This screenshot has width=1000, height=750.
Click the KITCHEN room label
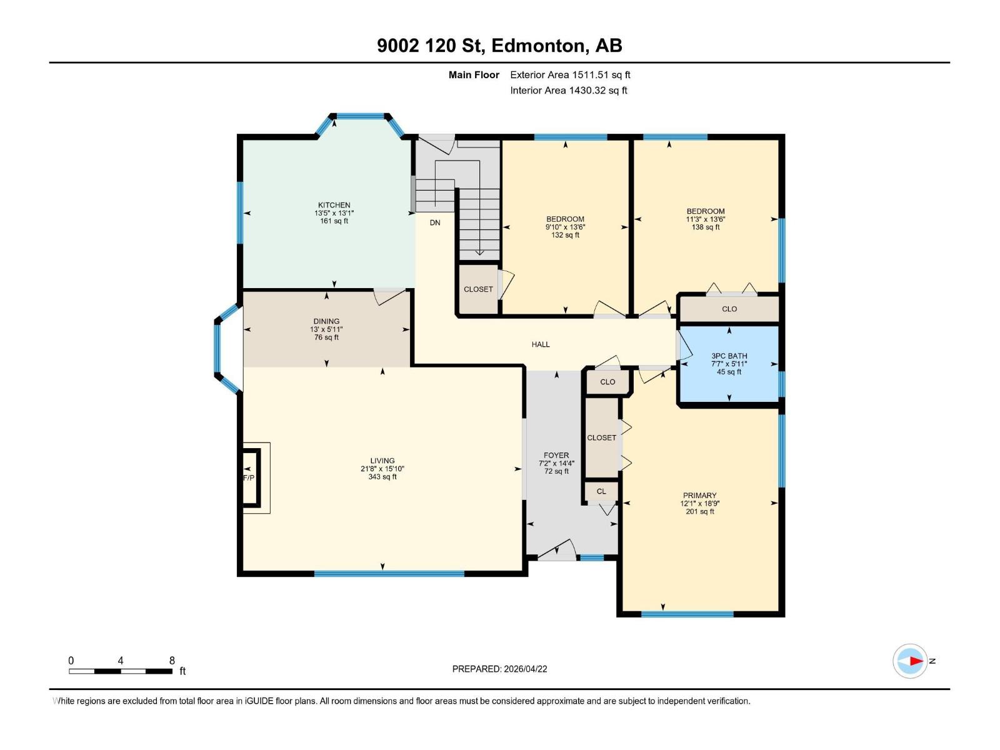(334, 205)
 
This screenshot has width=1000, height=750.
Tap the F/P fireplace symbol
(249, 477)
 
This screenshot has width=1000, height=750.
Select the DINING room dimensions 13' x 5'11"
(326, 329)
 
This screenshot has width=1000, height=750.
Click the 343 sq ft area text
(382, 477)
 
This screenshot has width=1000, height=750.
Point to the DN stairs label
(435, 222)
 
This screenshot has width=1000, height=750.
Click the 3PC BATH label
(729, 356)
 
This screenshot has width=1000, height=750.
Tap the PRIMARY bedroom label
(699, 495)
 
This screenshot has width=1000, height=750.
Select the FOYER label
(556, 456)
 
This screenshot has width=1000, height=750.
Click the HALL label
(541, 344)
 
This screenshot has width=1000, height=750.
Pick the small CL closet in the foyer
(601, 491)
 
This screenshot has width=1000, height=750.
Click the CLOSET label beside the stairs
(478, 289)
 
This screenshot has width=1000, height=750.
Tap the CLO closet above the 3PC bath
(729, 309)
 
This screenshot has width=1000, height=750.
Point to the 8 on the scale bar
(172, 661)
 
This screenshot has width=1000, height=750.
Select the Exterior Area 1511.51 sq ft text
(570, 74)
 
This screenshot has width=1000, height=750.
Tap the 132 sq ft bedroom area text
(565, 236)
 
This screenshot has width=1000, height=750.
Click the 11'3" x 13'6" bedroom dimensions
(705, 219)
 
